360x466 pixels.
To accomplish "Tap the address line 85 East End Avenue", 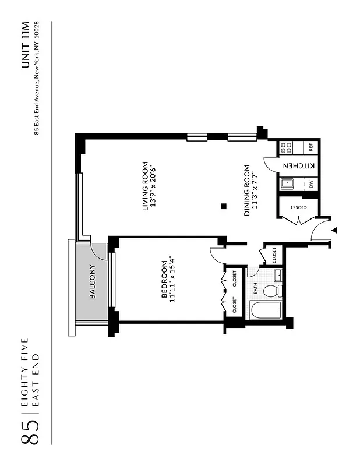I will point(37,77).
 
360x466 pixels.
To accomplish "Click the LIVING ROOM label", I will point(146,186).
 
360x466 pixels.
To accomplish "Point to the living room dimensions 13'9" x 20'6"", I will point(154,186).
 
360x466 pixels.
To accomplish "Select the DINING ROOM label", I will point(247,191).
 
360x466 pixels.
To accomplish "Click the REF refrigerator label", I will point(311,147).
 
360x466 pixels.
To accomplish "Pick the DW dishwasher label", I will point(311,184).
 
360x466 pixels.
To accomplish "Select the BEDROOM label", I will point(164,278).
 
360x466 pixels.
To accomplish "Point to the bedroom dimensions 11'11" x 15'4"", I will point(172,278).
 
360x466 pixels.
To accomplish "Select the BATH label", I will point(255,289).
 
